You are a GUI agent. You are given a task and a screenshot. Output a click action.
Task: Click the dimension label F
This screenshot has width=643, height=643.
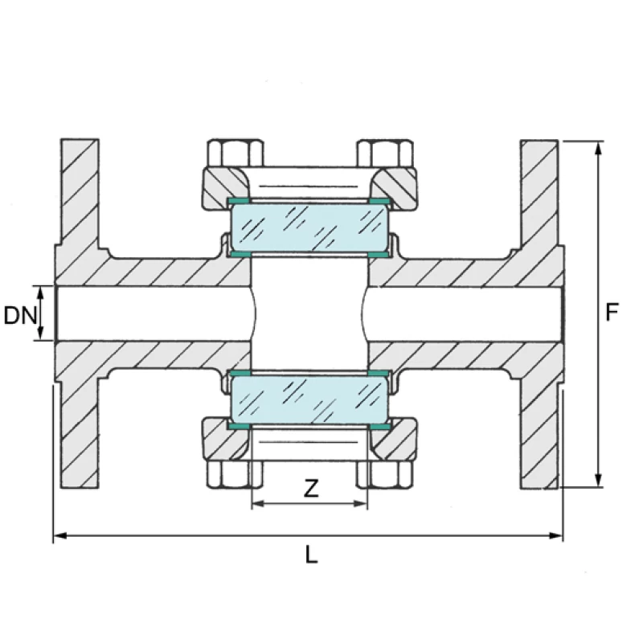pos(612,312)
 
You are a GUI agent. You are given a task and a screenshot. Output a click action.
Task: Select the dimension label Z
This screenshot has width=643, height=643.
pos(309,488)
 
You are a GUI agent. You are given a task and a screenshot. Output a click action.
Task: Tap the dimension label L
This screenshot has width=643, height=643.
pos(310,554)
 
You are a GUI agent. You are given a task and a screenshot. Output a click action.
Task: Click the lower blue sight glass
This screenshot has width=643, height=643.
pos(309,399)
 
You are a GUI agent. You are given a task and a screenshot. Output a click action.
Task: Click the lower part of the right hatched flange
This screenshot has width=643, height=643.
pos(539,434)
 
